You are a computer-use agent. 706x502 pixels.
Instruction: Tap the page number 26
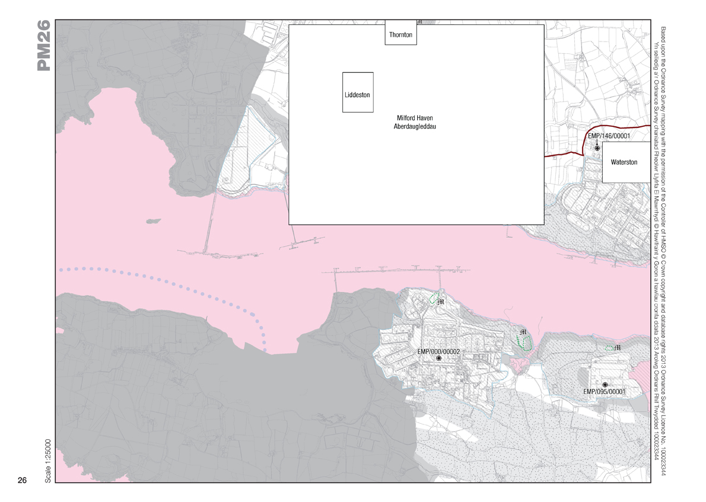pos(23,480)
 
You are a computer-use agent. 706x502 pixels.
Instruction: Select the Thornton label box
pos(400,35)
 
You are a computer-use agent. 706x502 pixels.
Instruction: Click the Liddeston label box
pos(357,93)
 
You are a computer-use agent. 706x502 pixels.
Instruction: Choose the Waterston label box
pos(624,162)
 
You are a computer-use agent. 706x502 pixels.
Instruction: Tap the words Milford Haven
pos(415,118)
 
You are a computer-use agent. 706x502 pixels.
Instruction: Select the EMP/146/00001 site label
pos(608,136)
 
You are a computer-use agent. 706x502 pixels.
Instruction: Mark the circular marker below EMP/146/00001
pos(597,148)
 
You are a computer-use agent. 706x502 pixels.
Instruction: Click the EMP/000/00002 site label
pos(439,351)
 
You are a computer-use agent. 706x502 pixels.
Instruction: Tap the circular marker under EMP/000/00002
pos(439,359)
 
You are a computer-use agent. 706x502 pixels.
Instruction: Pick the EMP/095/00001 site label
pos(604,392)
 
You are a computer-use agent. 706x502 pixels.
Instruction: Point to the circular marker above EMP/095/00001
pos(605,385)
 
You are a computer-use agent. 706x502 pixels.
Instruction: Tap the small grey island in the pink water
pos(152,220)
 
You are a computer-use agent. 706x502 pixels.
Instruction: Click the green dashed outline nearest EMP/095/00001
pos(609,348)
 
